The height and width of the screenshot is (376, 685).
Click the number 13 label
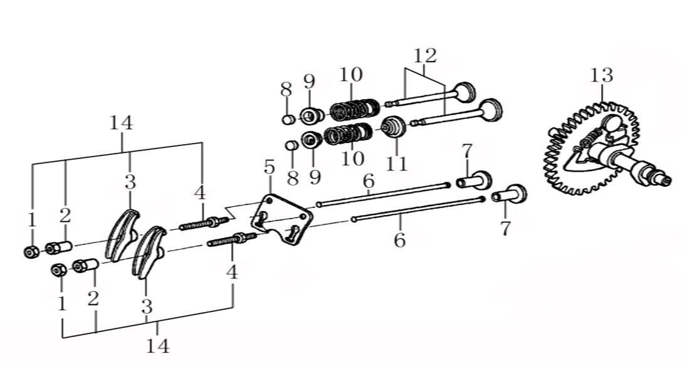point(601,76)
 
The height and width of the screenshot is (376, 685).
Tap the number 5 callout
point(269,167)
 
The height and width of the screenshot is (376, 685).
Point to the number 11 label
point(396,164)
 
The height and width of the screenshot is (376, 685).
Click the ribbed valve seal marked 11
point(394,128)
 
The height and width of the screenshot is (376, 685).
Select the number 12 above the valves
point(424,56)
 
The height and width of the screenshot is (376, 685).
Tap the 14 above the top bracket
point(121,123)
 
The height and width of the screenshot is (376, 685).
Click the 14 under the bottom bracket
point(157,345)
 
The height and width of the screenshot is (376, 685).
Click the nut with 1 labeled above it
point(31,252)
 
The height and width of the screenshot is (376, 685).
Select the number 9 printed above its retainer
point(309,81)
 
